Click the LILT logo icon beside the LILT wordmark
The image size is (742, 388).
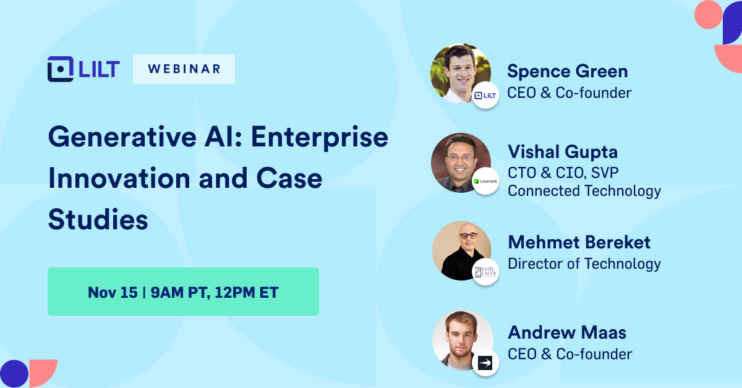61,69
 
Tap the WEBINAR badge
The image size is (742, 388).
184,69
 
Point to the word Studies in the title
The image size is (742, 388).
98,220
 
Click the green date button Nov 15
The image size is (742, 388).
183,292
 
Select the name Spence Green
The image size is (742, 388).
567,71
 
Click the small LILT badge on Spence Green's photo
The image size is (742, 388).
485,95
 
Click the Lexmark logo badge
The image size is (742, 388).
485,181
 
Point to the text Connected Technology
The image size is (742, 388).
584,191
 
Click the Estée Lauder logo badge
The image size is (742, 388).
485,271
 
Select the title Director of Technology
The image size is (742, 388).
584,264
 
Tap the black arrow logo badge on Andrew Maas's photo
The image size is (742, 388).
485,363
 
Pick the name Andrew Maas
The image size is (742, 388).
566,332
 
